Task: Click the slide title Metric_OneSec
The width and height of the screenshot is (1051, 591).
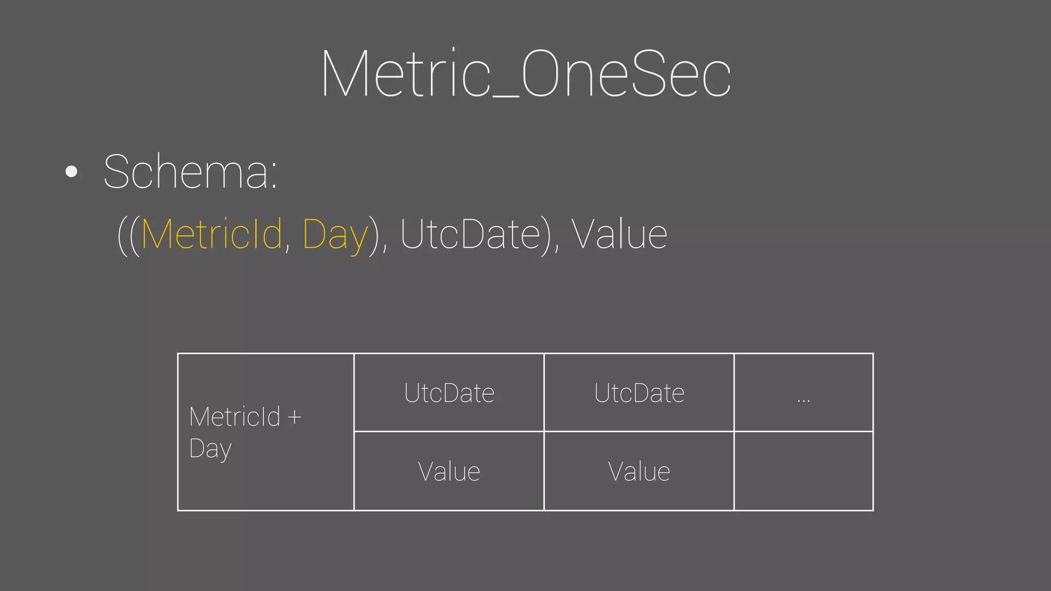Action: point(525,74)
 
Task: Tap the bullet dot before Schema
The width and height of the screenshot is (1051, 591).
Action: point(72,171)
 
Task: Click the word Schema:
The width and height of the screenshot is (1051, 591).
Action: point(190,172)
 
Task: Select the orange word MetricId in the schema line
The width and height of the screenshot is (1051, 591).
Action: point(211,234)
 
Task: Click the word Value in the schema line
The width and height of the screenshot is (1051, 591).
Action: point(619,234)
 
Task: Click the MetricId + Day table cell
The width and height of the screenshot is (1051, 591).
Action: point(265,432)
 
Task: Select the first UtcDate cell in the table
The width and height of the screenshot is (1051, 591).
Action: point(449,393)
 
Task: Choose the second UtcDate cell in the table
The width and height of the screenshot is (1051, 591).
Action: point(639,393)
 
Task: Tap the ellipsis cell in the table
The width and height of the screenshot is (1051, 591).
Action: point(804,393)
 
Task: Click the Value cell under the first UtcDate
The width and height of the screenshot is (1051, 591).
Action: point(449,471)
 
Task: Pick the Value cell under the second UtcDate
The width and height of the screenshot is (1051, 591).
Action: point(639,471)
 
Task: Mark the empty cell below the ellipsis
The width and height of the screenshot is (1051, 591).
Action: point(804,471)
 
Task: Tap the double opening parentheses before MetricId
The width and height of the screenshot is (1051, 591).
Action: point(128,235)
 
